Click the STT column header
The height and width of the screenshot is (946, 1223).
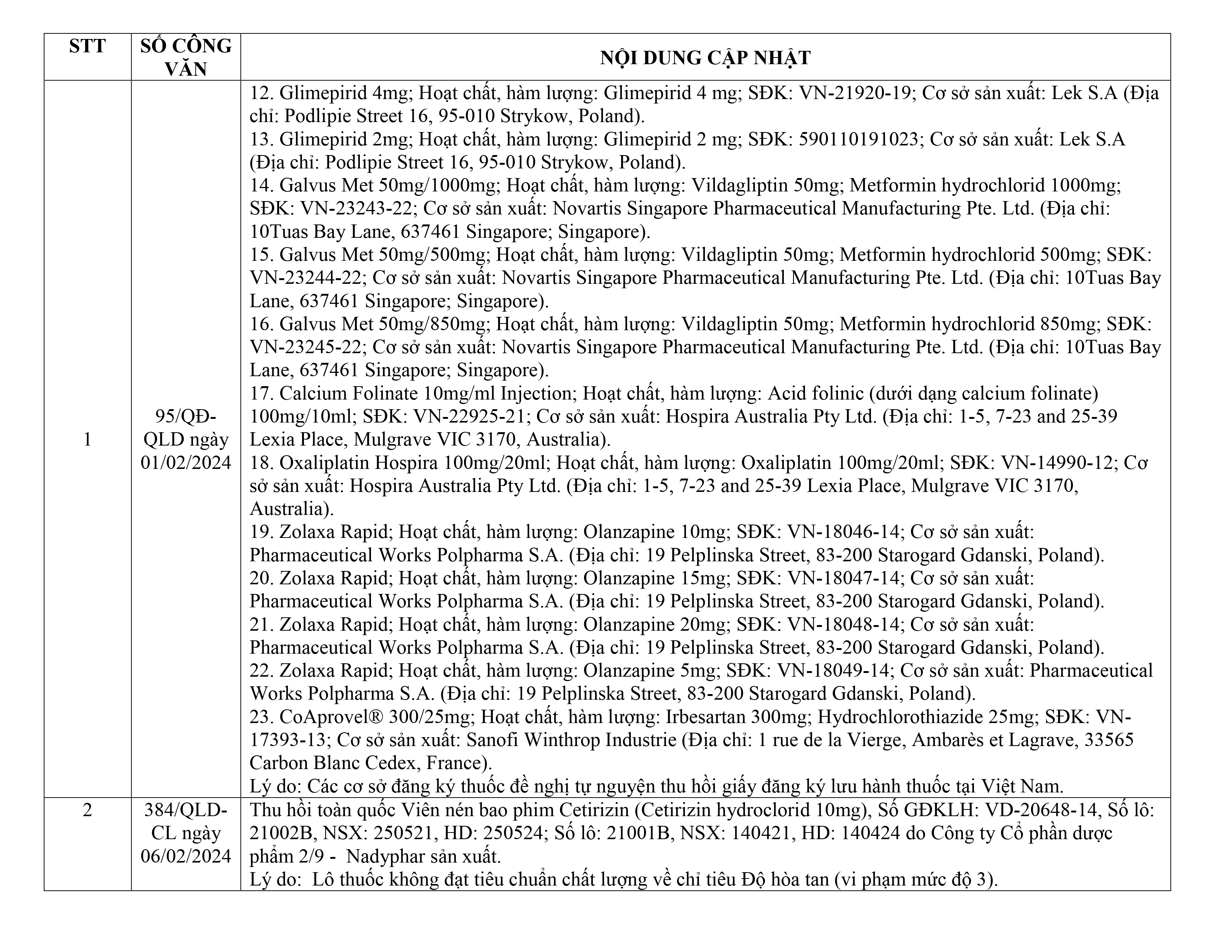pyautogui.click(x=87, y=46)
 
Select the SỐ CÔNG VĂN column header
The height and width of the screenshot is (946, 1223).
pyautogui.click(x=186, y=57)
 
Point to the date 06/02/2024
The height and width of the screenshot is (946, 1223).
pyautogui.click(x=186, y=856)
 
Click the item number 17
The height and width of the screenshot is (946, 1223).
pyautogui.click(x=261, y=393)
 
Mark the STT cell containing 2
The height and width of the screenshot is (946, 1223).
pyautogui.click(x=87, y=810)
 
